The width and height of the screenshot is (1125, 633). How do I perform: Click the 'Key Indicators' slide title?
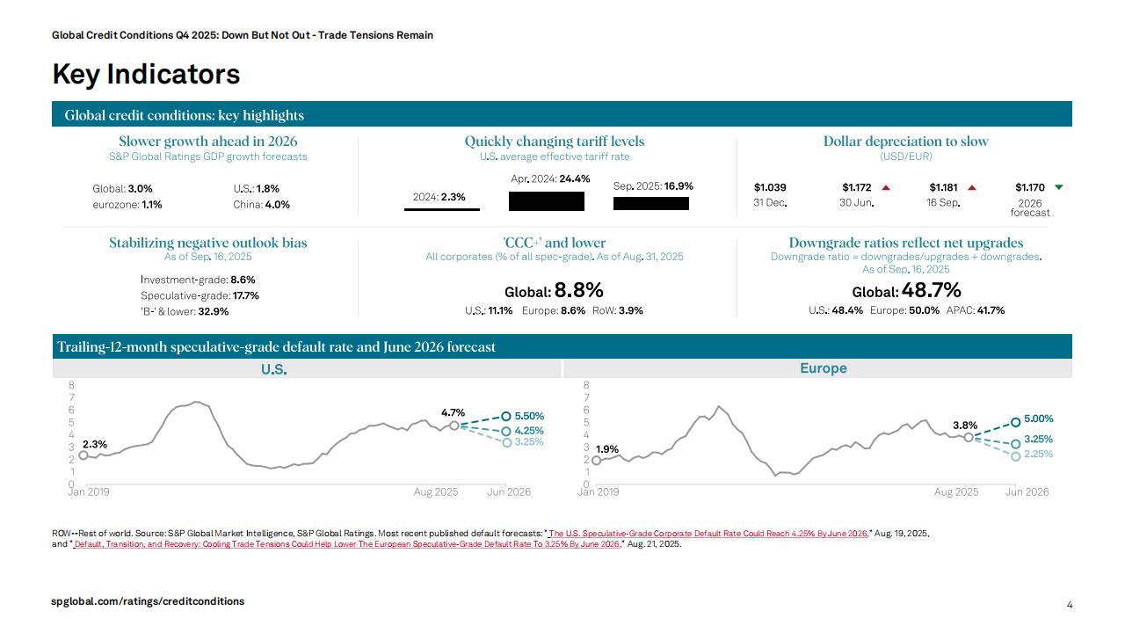[146, 75]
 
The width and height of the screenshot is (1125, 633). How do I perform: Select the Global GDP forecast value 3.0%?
[141, 189]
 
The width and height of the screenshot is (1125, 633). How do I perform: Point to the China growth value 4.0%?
[278, 205]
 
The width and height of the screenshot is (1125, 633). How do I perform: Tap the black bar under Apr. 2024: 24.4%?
[546, 201]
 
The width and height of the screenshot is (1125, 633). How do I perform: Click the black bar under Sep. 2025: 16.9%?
[650, 204]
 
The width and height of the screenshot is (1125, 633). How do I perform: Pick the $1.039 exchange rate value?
[770, 187]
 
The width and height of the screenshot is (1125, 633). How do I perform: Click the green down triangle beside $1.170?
[1058, 187]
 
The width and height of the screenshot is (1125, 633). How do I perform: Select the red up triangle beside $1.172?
[886, 187]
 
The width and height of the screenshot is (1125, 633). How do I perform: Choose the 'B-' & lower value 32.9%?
[214, 311]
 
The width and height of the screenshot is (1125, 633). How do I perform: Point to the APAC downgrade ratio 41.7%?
[991, 310]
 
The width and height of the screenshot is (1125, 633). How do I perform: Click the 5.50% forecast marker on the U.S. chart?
[506, 417]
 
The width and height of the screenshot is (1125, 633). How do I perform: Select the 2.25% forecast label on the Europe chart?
[1038, 455]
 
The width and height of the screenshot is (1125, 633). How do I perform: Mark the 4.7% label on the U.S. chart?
[453, 412]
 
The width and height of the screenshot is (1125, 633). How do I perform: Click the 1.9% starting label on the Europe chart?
[607, 449]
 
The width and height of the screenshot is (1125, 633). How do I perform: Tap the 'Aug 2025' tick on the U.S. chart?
[436, 492]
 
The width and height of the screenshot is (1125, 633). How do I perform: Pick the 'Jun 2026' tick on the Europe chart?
[1027, 492]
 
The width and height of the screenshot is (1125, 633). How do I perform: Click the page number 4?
[1070, 605]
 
